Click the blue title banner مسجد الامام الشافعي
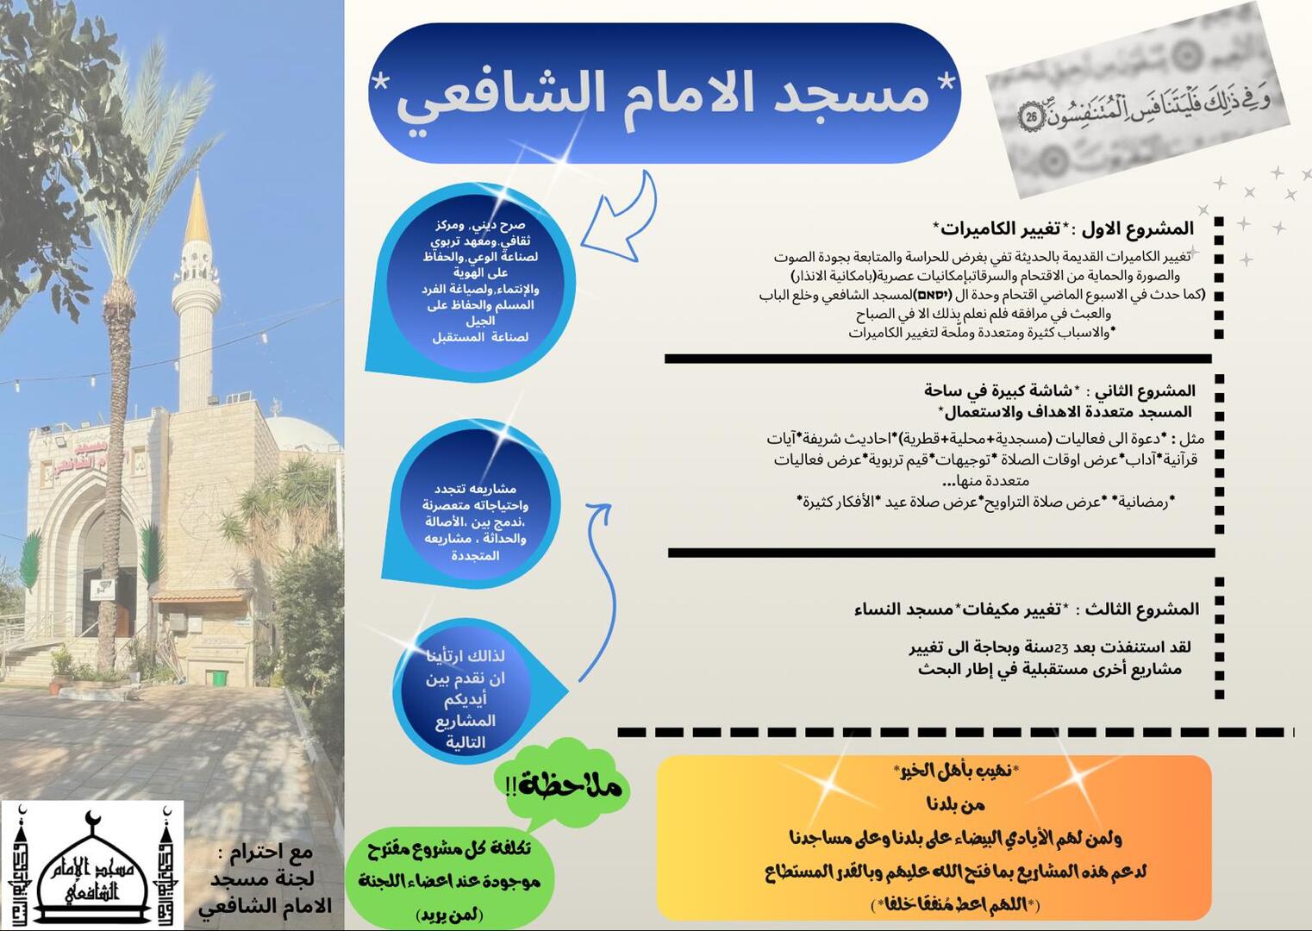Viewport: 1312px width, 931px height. pos(664,93)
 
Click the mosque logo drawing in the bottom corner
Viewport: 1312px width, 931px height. pos(91,865)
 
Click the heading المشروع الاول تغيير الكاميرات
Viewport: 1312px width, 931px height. pos(1065,228)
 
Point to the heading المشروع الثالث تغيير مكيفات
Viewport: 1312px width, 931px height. pos(1026,609)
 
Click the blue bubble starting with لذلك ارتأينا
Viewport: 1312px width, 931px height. pos(465,698)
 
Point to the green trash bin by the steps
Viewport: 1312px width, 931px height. pos(219,678)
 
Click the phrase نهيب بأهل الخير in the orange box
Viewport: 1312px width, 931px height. pos(955,769)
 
